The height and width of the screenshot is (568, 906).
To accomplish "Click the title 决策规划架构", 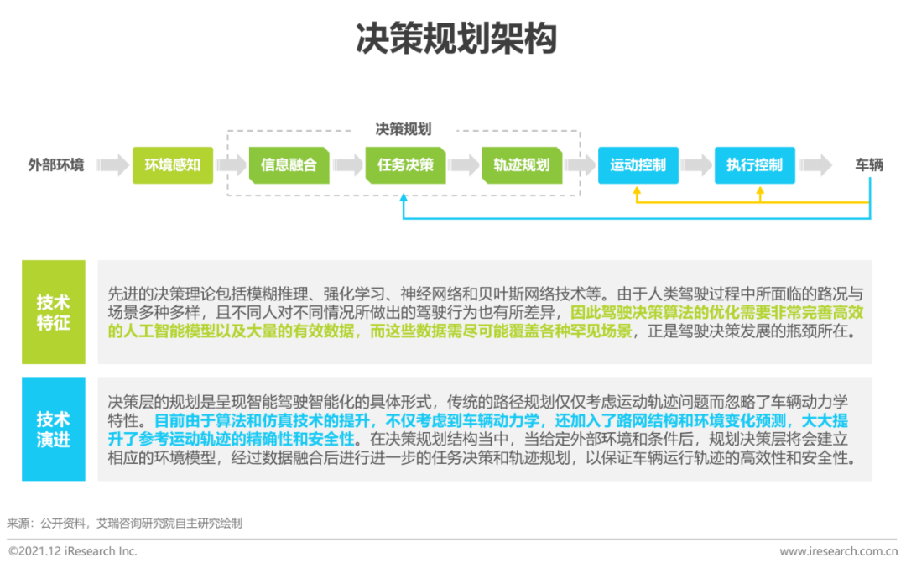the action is [456, 39].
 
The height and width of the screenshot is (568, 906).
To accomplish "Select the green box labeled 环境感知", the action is [173, 165].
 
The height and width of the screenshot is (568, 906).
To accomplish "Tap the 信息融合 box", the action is [289, 165].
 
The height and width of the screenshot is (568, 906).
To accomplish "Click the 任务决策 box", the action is [406, 165].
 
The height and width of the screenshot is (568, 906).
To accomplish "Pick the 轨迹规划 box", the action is [522, 165].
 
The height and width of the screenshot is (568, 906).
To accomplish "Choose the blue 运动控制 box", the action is [638, 165].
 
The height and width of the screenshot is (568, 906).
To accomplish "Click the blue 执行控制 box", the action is [755, 165].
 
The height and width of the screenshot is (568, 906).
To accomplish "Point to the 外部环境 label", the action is [56, 165].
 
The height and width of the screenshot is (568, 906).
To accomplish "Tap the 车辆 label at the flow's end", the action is [869, 165].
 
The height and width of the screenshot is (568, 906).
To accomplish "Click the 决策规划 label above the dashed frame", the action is [404, 129].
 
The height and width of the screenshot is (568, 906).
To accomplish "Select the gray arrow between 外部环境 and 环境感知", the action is [112, 165].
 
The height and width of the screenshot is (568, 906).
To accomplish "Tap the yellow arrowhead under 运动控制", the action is [637, 190].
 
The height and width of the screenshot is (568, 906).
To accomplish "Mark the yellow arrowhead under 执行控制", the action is [760, 190].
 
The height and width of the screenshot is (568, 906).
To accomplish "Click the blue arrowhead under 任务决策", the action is [404, 198].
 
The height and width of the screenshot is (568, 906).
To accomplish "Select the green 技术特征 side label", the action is [54, 312].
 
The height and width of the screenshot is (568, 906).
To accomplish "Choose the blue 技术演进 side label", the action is [54, 429].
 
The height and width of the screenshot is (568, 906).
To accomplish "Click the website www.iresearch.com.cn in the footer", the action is [838, 551].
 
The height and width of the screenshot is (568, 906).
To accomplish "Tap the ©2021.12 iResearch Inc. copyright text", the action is [73, 551].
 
